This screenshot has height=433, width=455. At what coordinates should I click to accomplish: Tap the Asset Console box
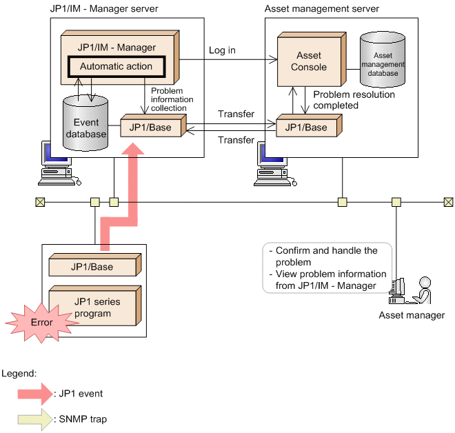pyautogui.click(x=308, y=61)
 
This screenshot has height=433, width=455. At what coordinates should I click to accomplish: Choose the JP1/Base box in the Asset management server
pyautogui.click(x=305, y=128)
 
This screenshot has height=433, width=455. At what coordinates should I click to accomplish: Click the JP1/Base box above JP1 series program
pyautogui.click(x=92, y=266)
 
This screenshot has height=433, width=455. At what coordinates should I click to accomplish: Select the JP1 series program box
pyautogui.click(x=92, y=303)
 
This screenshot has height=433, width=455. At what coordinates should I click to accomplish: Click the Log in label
pyautogui.click(x=222, y=50)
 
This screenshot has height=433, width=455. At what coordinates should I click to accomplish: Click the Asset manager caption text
pyautogui.click(x=412, y=316)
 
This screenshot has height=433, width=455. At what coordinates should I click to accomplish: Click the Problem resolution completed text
pyautogui.click(x=345, y=101)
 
